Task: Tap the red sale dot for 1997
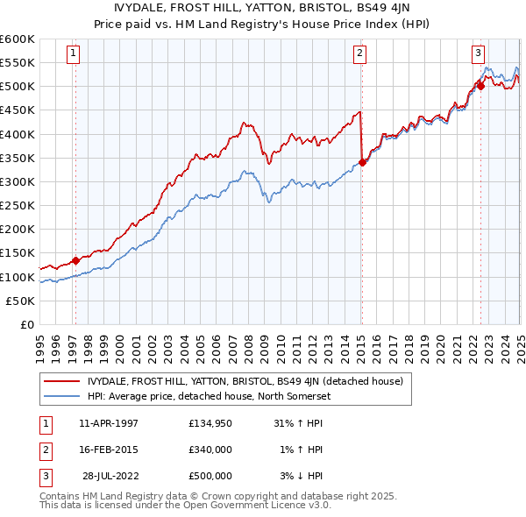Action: pyautogui.click(x=76, y=260)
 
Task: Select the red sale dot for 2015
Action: pyautogui.click(x=362, y=162)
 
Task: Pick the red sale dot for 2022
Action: pyautogui.click(x=481, y=86)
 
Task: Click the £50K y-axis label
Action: pyautogui.click(x=21, y=301)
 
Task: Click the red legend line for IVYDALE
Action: pyautogui.click(x=62, y=381)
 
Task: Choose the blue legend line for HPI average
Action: pyautogui.click(x=62, y=395)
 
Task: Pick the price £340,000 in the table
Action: pyautogui.click(x=210, y=450)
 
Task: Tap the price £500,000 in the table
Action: pyautogui.click(x=210, y=476)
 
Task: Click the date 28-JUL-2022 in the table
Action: pyautogui.click(x=110, y=476)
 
